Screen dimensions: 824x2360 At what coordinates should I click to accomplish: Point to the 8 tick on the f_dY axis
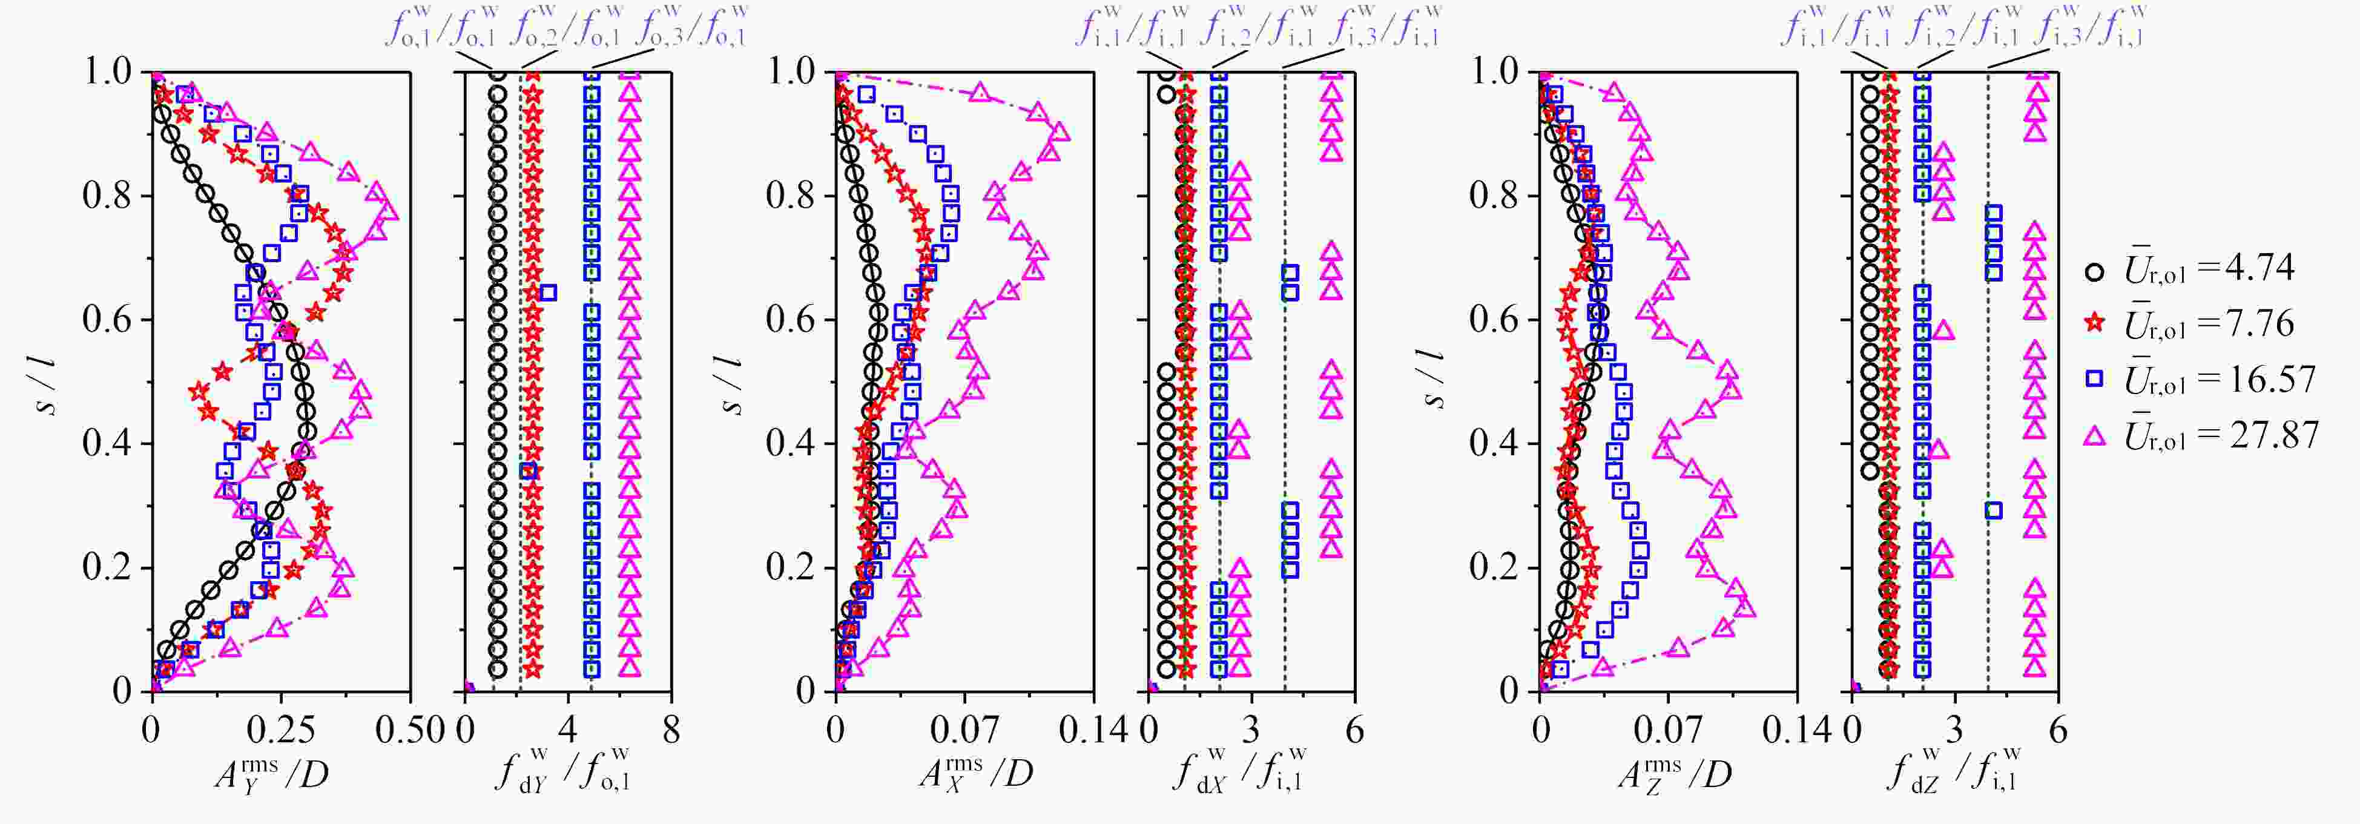pyautogui.click(x=671, y=731)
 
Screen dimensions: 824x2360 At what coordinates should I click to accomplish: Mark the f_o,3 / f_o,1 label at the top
pyautogui.click(x=696, y=25)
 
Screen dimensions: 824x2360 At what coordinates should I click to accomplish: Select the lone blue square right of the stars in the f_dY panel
pyautogui.click(x=549, y=292)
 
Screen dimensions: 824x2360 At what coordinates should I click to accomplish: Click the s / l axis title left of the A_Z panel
pyautogui.click(x=1435, y=380)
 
